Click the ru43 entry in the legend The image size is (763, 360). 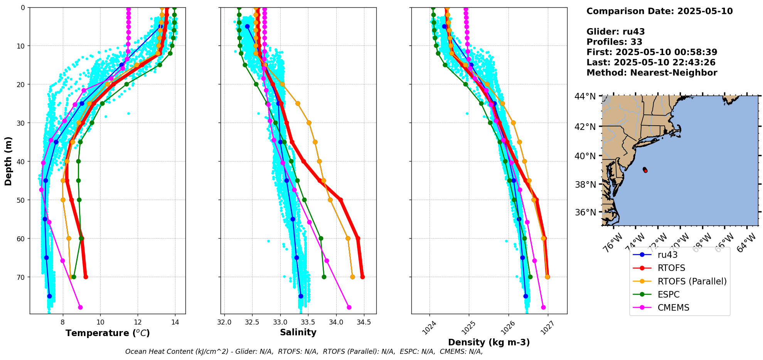tap(667, 255)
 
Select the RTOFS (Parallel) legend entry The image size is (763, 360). tap(692, 281)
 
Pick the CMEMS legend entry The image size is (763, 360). tap(673, 308)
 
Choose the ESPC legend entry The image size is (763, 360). tap(669, 294)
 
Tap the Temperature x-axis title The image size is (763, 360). tap(108, 333)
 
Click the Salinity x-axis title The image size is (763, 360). tap(298, 332)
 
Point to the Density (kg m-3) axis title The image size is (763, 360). tap(489, 342)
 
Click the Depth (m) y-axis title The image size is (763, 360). tap(8, 161)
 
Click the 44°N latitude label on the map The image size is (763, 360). tap(585, 96)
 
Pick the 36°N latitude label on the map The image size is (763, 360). tap(585, 212)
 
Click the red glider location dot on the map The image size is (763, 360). tap(645, 171)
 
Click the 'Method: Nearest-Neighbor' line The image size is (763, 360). tap(652, 73)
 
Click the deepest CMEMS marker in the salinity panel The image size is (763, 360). tap(349, 307)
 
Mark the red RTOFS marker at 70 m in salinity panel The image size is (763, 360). tap(362, 277)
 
